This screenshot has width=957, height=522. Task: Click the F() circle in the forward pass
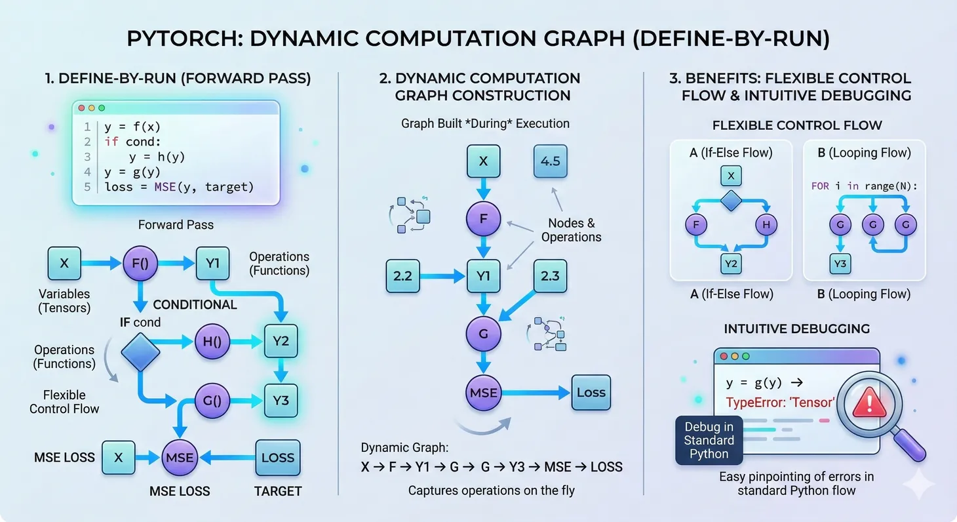pos(141,264)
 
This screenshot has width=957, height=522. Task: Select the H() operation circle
pos(212,342)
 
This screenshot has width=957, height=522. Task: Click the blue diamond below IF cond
pos(141,351)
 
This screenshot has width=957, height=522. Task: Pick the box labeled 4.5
pos(551,161)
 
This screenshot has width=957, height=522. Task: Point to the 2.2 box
pos(402,276)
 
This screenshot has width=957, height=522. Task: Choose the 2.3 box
pos(551,276)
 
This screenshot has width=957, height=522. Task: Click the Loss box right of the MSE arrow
pos(591,393)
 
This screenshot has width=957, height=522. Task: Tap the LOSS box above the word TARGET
pos(278,458)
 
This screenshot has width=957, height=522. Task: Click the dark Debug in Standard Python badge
pos(709,440)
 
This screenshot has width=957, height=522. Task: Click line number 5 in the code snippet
pos(87,187)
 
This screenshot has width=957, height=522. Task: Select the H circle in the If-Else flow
pos(766,226)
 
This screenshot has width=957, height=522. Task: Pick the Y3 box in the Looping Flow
pos(840,264)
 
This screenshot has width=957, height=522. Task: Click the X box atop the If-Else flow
pos(731,175)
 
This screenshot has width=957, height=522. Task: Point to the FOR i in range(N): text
pos(864,186)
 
